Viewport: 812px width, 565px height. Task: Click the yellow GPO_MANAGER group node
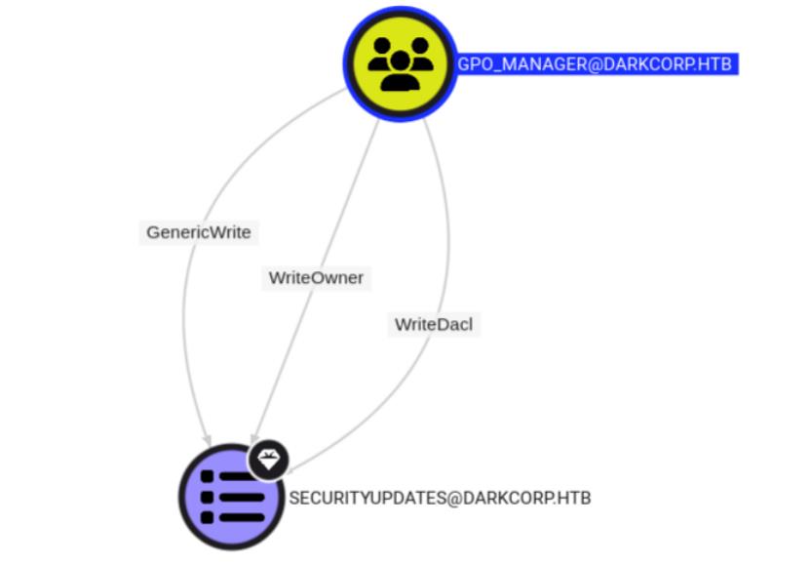click(400, 64)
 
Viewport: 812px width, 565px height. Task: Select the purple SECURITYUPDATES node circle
click(231, 497)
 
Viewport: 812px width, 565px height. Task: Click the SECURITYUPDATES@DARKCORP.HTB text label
click(440, 498)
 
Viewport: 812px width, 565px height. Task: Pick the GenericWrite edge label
click(199, 232)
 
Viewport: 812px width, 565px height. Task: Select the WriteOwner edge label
click(316, 278)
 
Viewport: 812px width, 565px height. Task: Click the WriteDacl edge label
click(434, 325)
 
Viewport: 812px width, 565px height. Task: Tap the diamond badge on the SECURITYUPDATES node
click(268, 460)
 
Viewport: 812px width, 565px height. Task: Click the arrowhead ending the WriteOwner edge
click(254, 438)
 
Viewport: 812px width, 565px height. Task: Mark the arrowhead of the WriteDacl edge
click(290, 470)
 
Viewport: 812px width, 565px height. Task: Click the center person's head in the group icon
click(401, 61)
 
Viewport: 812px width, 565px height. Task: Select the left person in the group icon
click(379, 54)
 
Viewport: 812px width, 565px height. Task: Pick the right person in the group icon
click(420, 54)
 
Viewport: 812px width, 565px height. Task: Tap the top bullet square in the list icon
click(207, 476)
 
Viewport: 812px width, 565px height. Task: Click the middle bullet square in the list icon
click(207, 497)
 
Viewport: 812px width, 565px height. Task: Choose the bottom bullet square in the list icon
click(207, 517)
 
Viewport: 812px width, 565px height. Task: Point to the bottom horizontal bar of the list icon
click(242, 517)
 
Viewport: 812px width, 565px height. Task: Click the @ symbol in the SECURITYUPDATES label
click(453, 499)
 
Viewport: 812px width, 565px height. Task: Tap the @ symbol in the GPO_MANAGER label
click(595, 64)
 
